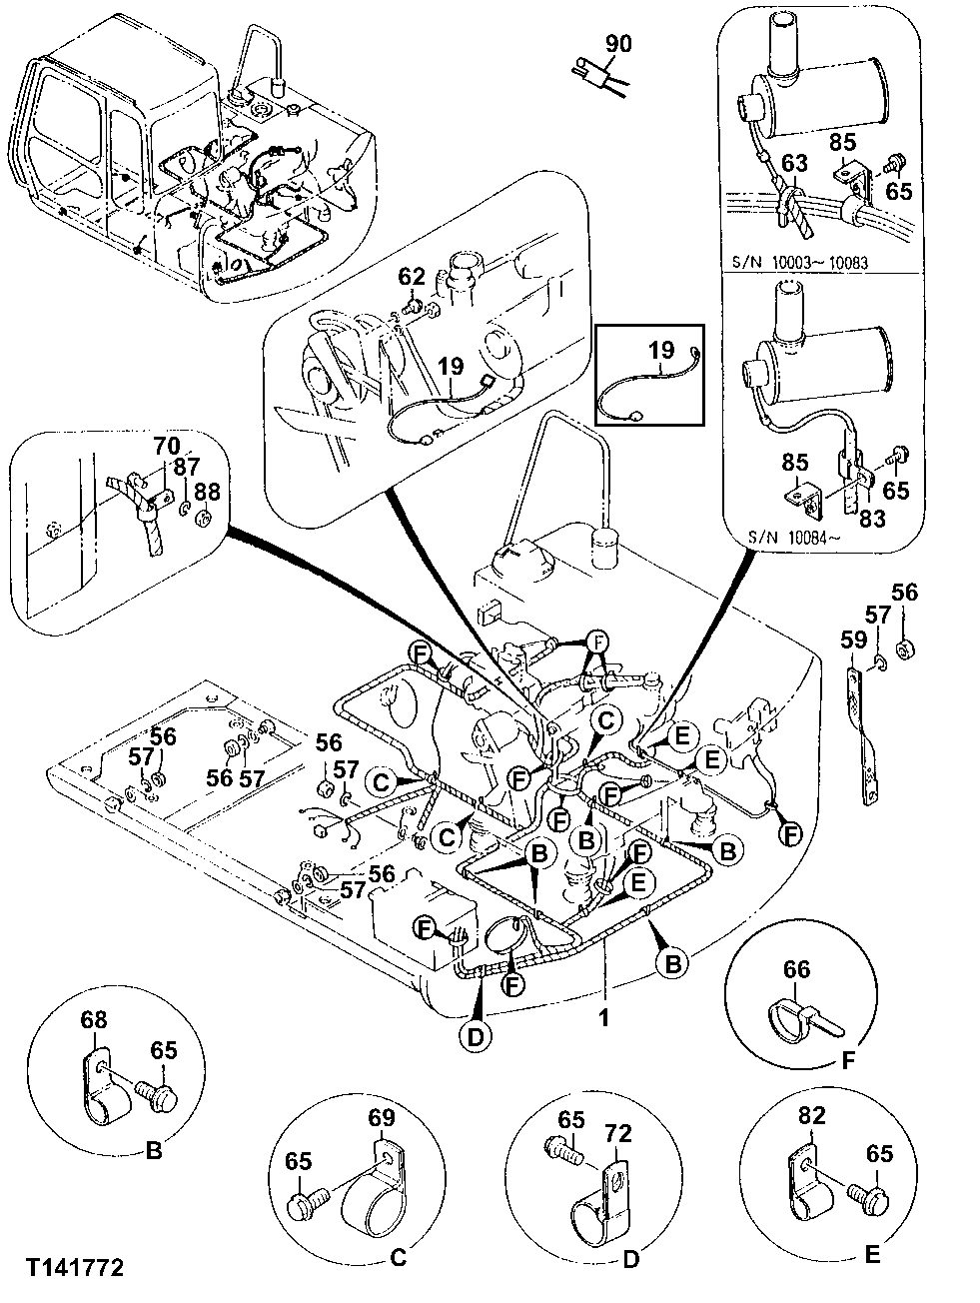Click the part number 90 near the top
click(x=618, y=45)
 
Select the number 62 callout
click(x=412, y=275)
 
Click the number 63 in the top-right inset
click(x=793, y=162)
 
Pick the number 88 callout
click(x=207, y=491)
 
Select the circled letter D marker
click(x=476, y=1037)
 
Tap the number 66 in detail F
click(x=797, y=969)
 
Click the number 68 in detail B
click(x=93, y=1022)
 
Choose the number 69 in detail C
click(x=383, y=1117)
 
